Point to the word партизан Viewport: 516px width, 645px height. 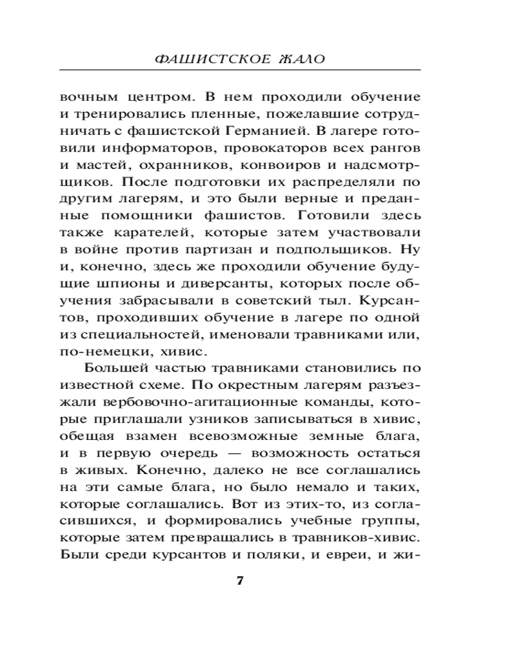[255, 249]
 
